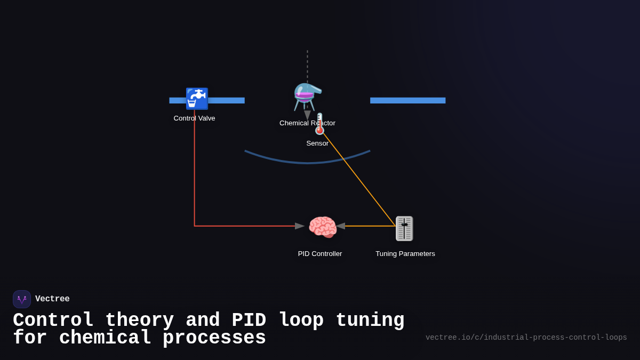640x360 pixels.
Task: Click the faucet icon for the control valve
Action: point(196,99)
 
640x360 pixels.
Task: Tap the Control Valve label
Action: point(194,118)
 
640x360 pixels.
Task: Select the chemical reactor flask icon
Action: point(307,97)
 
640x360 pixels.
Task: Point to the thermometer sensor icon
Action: point(319,124)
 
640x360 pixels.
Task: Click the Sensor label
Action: point(317,143)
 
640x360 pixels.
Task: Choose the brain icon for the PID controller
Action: point(322,227)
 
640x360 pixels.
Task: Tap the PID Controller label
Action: point(320,254)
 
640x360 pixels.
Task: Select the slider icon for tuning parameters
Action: point(404,228)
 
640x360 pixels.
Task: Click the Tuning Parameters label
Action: point(405,254)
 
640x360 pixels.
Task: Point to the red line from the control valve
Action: point(195,176)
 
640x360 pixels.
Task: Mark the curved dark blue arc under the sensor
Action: point(307,162)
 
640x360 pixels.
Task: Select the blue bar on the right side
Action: point(407,100)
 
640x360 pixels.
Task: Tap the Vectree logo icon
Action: point(22,299)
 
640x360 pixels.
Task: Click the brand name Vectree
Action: point(52,299)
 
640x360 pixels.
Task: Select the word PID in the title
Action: point(249,321)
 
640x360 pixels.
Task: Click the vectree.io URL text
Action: point(526,338)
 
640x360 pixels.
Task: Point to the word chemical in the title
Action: point(105,338)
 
